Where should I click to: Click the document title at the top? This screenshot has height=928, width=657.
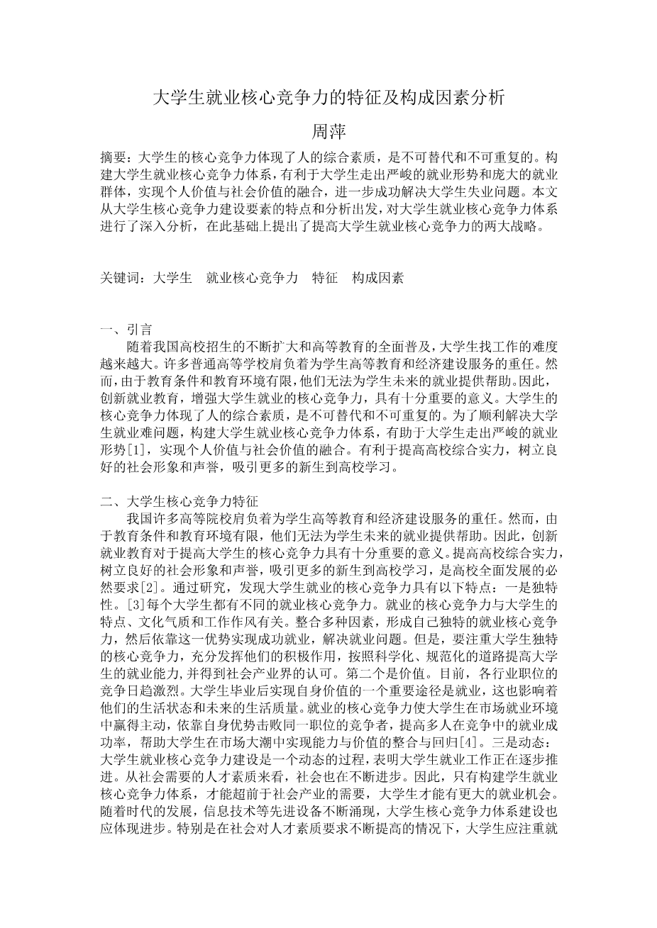(328, 98)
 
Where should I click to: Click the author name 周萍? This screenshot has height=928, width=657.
(328, 132)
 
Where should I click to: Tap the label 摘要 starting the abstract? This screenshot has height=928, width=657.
(114, 157)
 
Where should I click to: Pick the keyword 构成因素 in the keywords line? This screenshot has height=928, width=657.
(377, 279)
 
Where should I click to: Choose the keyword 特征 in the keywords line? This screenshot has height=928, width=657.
(325, 279)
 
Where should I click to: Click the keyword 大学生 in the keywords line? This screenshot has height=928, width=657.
(172, 279)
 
